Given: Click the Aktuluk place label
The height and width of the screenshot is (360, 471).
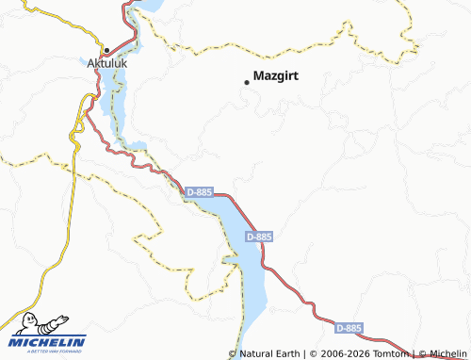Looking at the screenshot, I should point(106,63).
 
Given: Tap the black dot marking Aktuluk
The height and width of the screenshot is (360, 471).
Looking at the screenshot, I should point(107,50).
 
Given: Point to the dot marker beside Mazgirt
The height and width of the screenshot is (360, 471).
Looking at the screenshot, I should point(247,82).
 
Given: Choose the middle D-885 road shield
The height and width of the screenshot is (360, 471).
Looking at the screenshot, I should point(258,237).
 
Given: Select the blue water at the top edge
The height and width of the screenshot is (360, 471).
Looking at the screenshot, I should point(151,5).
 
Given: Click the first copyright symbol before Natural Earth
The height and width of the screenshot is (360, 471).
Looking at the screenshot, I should point(234,353).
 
